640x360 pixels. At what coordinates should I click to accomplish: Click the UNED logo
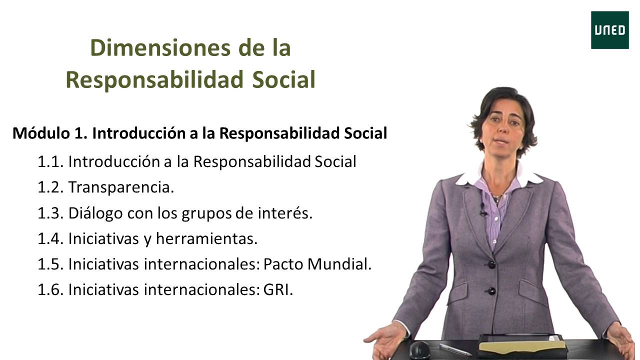(609, 30)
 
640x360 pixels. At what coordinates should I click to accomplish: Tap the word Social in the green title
(283, 80)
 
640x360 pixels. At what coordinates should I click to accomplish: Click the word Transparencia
(121, 187)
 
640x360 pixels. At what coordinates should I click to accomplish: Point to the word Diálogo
(95, 213)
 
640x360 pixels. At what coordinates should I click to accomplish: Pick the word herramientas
(206, 239)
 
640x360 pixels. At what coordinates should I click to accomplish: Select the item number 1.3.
(50, 213)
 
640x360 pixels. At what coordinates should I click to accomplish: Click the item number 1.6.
(50, 290)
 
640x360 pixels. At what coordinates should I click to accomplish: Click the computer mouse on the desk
(419, 349)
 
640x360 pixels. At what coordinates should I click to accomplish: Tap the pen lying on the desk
(455, 349)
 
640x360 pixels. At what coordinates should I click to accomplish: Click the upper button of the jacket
(491, 264)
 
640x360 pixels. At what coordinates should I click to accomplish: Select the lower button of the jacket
(491, 290)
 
